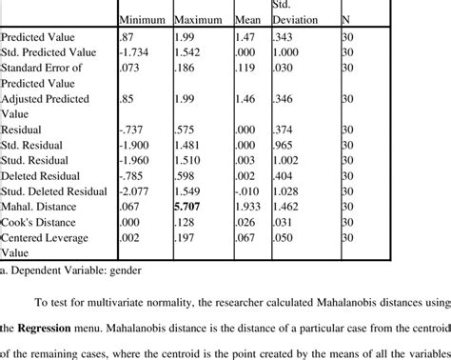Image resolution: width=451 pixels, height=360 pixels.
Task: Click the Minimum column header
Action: pyautogui.click(x=142, y=19)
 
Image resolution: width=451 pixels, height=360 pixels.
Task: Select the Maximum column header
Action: pyautogui.click(x=199, y=19)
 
